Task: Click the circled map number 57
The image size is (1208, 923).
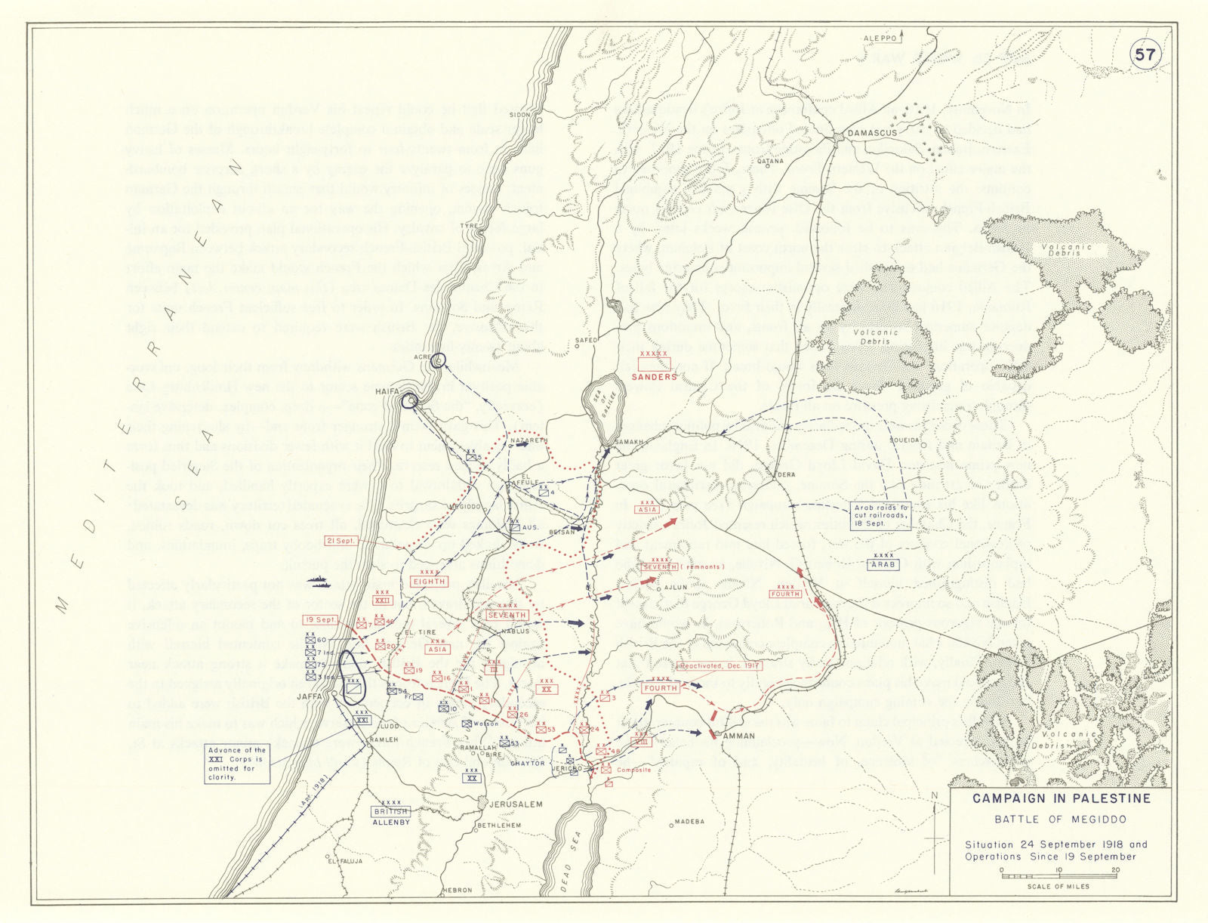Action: pyautogui.click(x=1145, y=54)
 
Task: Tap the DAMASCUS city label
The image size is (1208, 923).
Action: pyautogui.click(x=872, y=133)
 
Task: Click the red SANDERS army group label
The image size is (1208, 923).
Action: pyautogui.click(x=654, y=376)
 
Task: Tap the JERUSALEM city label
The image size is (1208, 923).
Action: pyautogui.click(x=516, y=804)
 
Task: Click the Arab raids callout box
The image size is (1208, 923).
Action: pyautogui.click(x=880, y=515)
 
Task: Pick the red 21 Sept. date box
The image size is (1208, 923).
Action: pyautogui.click(x=341, y=541)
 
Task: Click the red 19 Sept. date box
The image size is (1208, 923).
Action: pyautogui.click(x=321, y=619)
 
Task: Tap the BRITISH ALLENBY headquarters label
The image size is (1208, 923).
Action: pyautogui.click(x=390, y=816)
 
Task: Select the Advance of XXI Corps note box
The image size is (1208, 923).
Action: pyautogui.click(x=237, y=763)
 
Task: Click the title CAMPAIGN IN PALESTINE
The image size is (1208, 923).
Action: pyautogui.click(x=1061, y=798)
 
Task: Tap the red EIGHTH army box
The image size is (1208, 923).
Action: pyautogui.click(x=429, y=581)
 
